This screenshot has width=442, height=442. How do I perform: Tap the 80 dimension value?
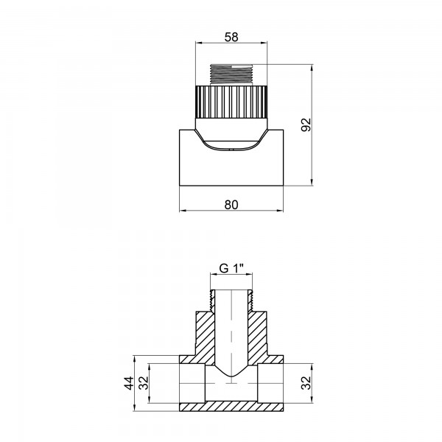coord(231,204)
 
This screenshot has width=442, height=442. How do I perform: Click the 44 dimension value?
coord(127,383)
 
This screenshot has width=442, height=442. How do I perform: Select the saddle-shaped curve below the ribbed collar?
coord(231,140)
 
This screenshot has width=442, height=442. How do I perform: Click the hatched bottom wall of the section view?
coord(231,407)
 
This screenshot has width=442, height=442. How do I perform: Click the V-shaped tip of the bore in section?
coord(231,374)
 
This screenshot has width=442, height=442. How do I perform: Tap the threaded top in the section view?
coord(231,298)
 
